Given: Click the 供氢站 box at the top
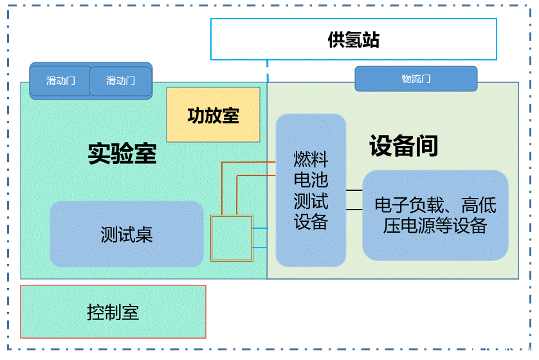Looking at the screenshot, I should tap(353, 40).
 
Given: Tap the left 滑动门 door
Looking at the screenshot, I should tap(60, 81).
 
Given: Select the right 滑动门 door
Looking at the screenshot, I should tap(120, 81).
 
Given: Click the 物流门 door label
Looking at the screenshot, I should tap(416, 79).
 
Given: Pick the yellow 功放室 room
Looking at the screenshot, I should tap(213, 115).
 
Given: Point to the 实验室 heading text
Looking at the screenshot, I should tap(122, 154).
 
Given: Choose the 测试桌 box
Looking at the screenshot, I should tap(126, 234).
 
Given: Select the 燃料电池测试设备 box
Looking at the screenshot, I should tap(311, 190).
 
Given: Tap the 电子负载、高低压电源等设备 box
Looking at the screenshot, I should tap(435, 215).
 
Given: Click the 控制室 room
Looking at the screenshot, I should tap(113, 312).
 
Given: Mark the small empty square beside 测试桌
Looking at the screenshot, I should tap(232, 238).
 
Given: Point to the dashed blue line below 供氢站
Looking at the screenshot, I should tap(268, 71).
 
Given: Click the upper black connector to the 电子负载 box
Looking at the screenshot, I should tap(354, 191).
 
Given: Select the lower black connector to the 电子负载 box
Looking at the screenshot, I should tap(354, 210).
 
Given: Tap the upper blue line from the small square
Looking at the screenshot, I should tap(264, 228).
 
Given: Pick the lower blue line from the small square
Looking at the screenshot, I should tap(264, 248).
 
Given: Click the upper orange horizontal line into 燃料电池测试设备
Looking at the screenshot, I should tap(251, 163).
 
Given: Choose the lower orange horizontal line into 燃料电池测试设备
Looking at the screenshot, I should tap(257, 175).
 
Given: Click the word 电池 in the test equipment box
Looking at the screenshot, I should tap(311, 179).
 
